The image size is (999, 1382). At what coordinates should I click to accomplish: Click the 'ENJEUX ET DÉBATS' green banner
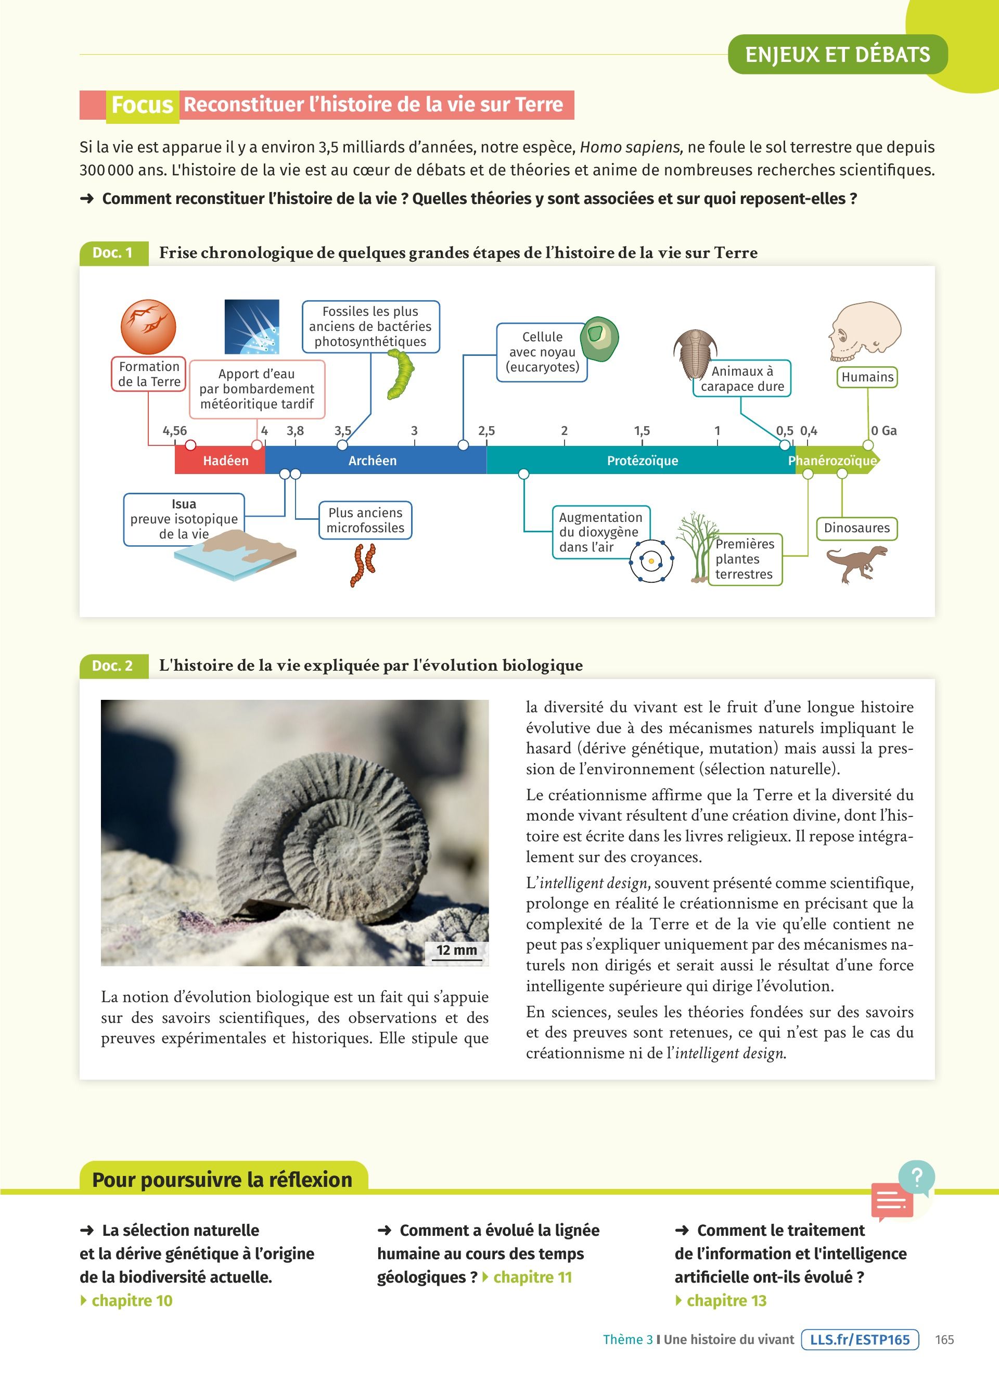pyautogui.click(x=838, y=55)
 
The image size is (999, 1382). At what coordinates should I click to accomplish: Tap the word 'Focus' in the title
pyautogui.click(x=143, y=105)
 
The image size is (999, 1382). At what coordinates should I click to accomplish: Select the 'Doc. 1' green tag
pyautogui.click(x=113, y=253)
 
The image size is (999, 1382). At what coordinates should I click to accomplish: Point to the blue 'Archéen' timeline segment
pyautogui.click(x=372, y=460)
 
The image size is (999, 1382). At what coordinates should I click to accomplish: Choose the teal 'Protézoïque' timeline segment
pyautogui.click(x=642, y=460)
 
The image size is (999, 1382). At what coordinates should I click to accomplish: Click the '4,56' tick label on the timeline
pyautogui.click(x=175, y=431)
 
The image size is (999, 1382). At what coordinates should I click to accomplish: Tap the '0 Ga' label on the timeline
pyautogui.click(x=883, y=431)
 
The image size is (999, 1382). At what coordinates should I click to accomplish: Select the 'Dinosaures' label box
pyautogui.click(x=856, y=528)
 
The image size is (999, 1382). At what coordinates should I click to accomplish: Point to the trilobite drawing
pyautogui.click(x=695, y=353)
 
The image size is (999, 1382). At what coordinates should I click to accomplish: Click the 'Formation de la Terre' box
pyautogui.click(x=149, y=374)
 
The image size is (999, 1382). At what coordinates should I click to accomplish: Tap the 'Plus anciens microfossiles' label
pyautogui.click(x=365, y=520)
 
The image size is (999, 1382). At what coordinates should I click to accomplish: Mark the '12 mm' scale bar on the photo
pyautogui.click(x=457, y=951)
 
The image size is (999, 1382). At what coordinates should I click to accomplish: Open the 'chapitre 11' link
pyautogui.click(x=532, y=1277)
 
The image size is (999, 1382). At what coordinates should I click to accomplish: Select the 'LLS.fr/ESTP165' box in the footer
pyautogui.click(x=860, y=1340)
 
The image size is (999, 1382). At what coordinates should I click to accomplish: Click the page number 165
pyautogui.click(x=944, y=1340)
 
